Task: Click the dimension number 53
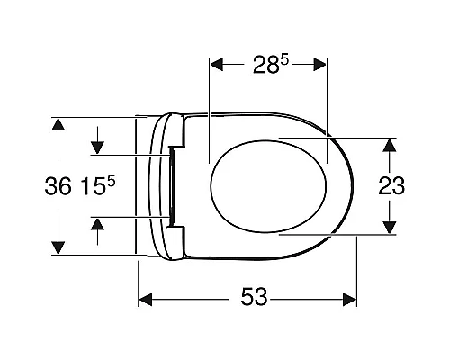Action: point(254,297)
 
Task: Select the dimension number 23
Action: point(391,186)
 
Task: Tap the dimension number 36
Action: point(58,186)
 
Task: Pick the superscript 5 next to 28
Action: point(284,60)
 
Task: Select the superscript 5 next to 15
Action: point(112,182)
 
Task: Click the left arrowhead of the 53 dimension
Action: point(146,300)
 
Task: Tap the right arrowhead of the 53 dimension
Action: point(349,300)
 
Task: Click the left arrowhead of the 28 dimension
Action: point(217,65)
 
